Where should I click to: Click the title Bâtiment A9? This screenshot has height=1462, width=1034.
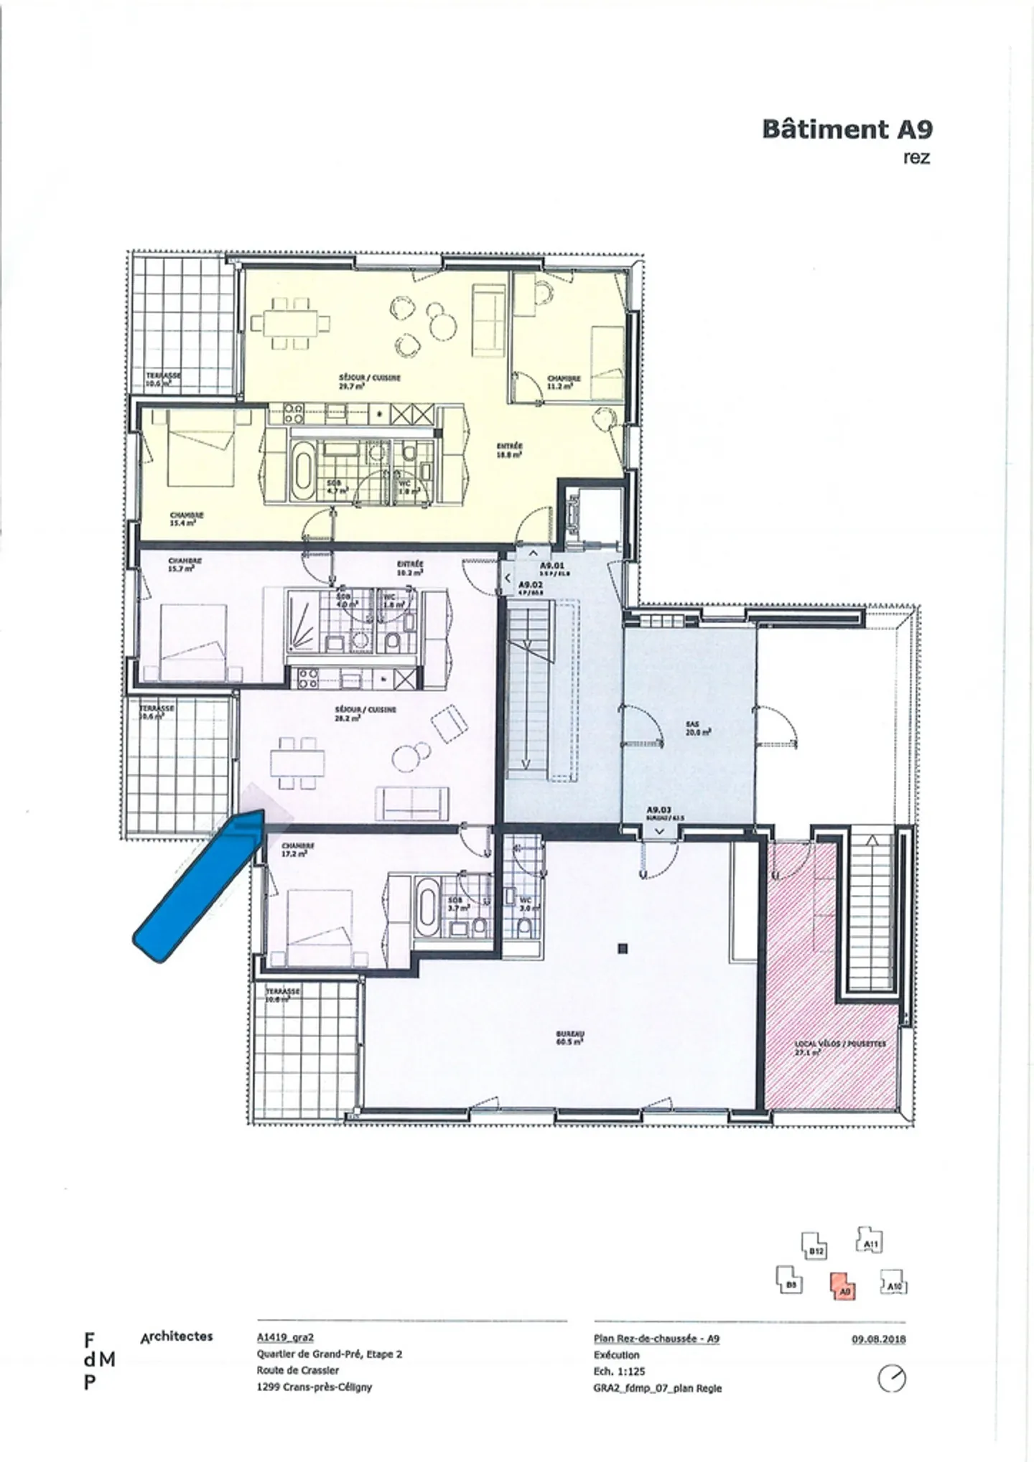[847, 129]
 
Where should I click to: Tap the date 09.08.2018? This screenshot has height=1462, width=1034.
[879, 1339]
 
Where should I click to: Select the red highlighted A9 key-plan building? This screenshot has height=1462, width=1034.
[844, 1285]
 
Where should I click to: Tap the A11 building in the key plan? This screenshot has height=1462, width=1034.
[870, 1239]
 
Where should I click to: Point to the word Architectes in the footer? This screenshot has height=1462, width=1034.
[177, 1336]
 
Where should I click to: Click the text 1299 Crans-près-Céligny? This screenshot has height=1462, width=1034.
[314, 1387]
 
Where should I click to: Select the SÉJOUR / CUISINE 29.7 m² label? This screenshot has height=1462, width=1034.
[369, 381]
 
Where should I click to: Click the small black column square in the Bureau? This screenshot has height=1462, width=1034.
[623, 949]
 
